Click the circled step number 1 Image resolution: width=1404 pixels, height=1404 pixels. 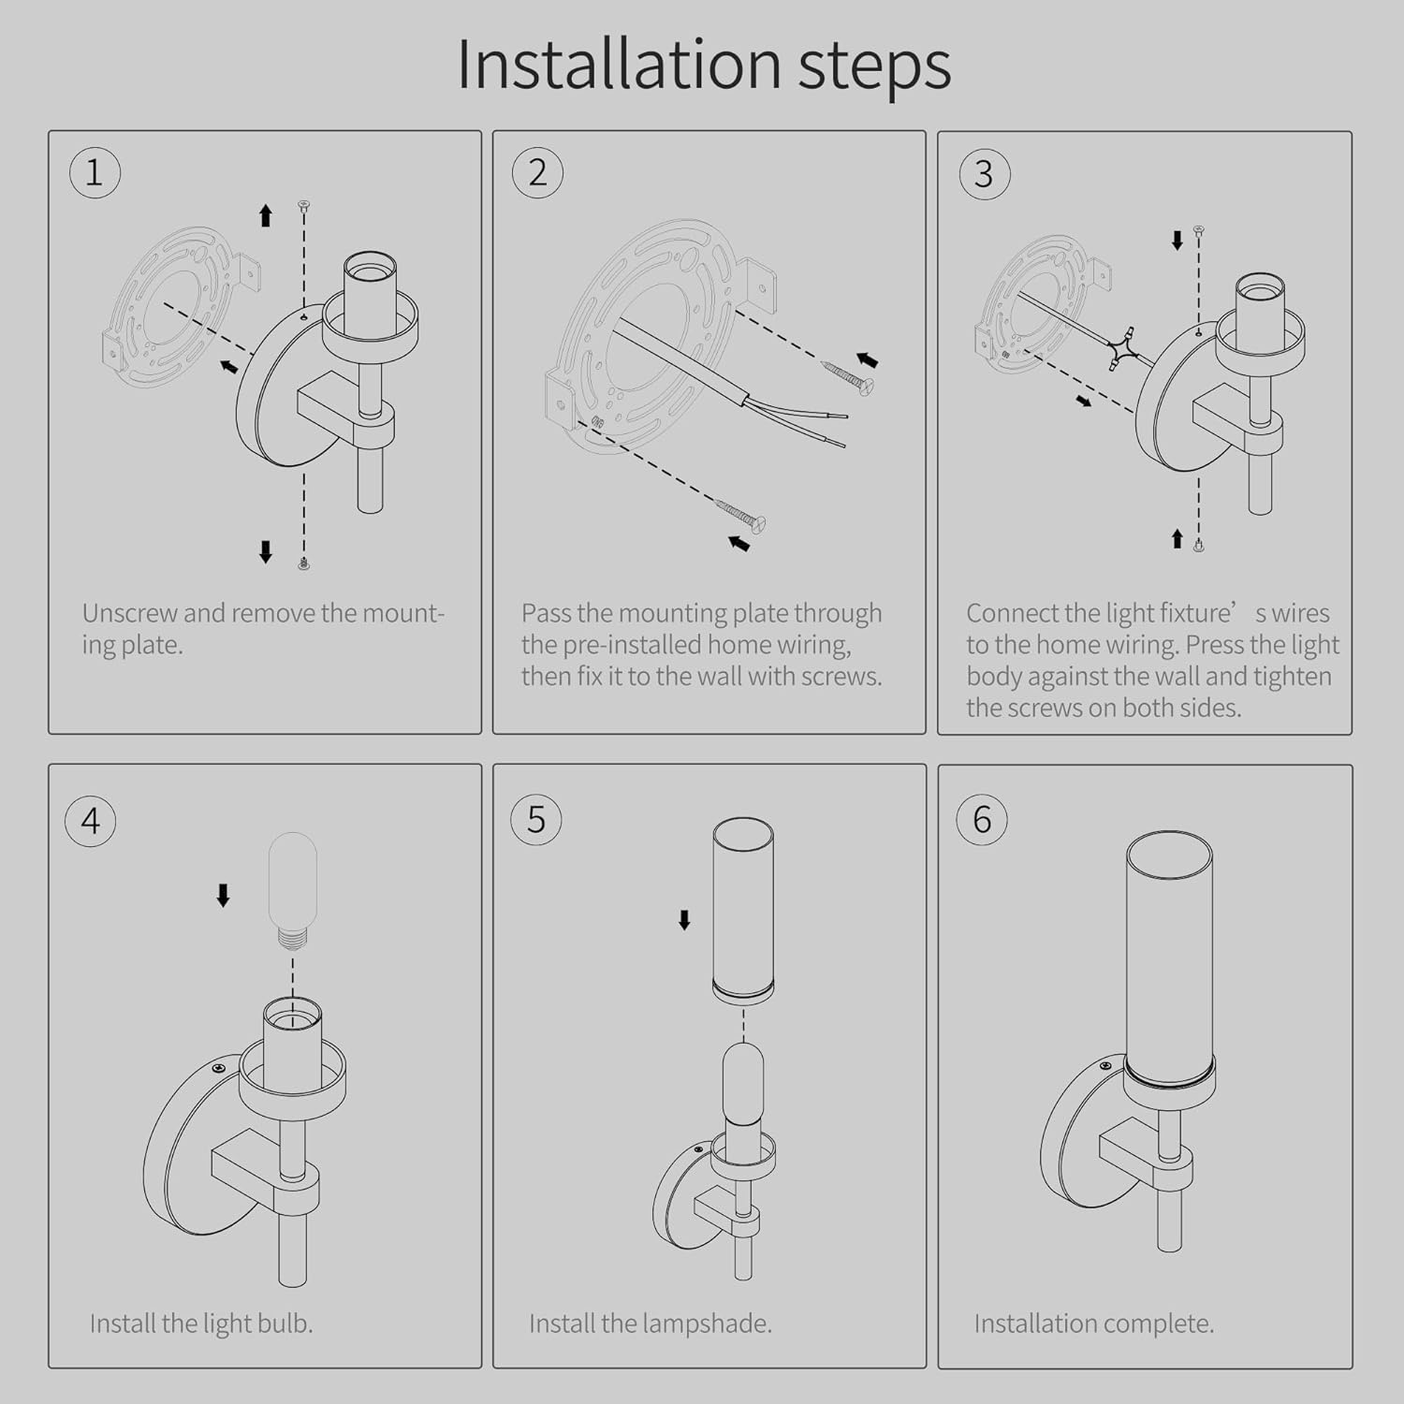[x=95, y=173]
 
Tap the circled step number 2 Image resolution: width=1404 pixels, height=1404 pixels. [x=537, y=173]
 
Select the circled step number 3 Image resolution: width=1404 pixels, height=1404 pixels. [x=984, y=174]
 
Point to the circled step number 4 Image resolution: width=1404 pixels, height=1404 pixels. [x=91, y=821]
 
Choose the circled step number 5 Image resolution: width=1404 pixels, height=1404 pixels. [x=536, y=819]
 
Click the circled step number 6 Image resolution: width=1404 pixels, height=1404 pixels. [x=982, y=819]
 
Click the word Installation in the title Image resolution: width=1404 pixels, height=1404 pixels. [x=619, y=65]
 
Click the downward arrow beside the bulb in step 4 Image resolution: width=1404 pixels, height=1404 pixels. [x=223, y=896]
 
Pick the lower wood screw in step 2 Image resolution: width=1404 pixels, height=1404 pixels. [x=741, y=514]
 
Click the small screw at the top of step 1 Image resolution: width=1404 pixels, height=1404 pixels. [x=303, y=204]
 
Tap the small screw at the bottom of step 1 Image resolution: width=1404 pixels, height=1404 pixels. [x=303, y=563]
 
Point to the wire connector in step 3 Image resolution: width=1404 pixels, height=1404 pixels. [x=1122, y=348]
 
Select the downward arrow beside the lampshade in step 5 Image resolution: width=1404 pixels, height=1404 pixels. [x=684, y=920]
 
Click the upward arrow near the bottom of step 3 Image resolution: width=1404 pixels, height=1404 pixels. [x=1177, y=538]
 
